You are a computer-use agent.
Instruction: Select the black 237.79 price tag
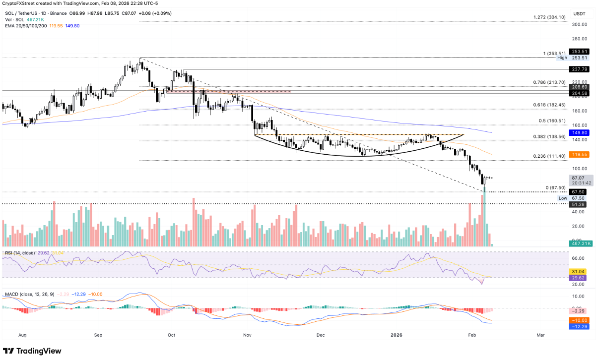pyautogui.click(x=580, y=69)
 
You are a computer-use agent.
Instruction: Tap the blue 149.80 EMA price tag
pyautogui.click(x=580, y=133)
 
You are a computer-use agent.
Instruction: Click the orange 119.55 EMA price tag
pyautogui.click(x=580, y=155)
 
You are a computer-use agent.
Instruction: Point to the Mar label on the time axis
pyautogui.click(x=540, y=335)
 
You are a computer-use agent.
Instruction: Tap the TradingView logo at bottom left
pyautogui.click(x=33, y=351)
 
